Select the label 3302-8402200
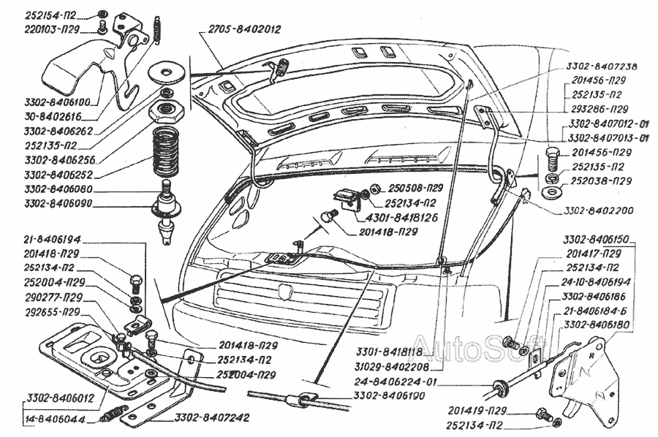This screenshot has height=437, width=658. (597, 210)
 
